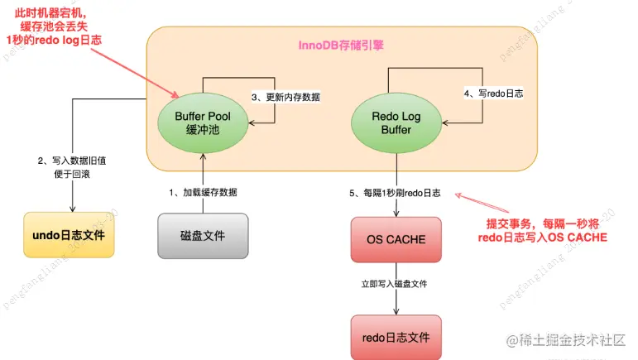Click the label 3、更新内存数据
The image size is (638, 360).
point(285,97)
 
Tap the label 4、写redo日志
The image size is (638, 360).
point(493,94)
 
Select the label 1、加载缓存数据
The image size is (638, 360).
point(203,192)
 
